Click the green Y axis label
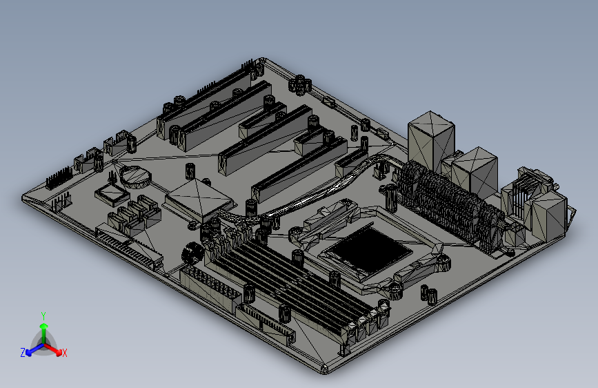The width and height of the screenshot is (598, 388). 43,316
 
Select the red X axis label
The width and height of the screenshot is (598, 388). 64,353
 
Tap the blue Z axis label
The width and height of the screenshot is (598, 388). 23,353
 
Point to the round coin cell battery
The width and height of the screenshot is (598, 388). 135,177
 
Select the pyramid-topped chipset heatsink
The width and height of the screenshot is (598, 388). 199,200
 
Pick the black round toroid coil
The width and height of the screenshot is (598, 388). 192,253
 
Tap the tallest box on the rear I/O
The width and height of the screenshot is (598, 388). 431,141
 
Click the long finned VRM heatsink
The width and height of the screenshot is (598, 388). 450,206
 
